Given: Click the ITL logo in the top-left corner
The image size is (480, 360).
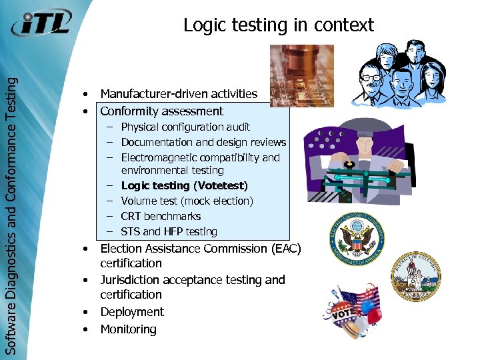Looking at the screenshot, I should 41,25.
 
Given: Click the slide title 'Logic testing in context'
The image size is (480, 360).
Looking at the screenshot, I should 278,25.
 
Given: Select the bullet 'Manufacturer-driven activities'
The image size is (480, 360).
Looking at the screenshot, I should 178,94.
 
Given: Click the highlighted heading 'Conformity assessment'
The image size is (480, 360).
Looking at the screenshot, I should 161,111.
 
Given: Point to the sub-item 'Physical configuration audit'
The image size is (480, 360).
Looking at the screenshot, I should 185,127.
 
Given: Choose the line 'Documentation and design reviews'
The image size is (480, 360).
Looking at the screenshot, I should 203,142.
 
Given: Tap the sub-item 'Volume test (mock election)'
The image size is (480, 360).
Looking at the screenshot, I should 187,201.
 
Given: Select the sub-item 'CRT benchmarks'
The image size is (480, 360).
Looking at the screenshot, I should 161,216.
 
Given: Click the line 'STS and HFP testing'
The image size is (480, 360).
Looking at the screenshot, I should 169,231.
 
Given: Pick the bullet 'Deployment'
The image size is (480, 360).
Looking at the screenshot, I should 131,312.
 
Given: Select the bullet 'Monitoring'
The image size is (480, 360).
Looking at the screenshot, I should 128,329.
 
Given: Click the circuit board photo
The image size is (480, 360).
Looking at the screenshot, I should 292,75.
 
